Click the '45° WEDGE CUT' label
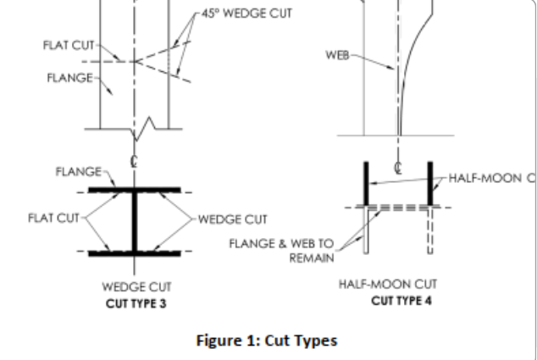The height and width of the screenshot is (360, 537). [x=247, y=14]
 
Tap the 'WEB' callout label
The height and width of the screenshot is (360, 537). [x=337, y=55]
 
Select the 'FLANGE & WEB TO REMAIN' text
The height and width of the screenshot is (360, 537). [x=281, y=251]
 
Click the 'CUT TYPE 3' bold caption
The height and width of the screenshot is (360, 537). [x=136, y=303]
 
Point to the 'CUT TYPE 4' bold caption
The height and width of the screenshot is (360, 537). [x=401, y=301]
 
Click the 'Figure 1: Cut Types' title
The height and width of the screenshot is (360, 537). [x=267, y=341]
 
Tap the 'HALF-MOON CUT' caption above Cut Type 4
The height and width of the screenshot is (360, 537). [x=388, y=284]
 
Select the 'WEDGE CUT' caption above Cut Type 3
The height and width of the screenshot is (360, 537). [x=136, y=286]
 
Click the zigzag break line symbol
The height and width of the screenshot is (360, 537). [x=143, y=129]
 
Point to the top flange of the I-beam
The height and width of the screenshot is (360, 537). [x=134, y=190]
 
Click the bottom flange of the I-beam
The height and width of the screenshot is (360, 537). [x=134, y=253]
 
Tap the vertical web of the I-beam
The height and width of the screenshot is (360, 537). [x=134, y=222]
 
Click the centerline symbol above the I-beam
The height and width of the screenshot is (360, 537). [x=134, y=161]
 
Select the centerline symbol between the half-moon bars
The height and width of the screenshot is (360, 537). [x=398, y=168]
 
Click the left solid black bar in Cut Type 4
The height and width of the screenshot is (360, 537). [x=366, y=184]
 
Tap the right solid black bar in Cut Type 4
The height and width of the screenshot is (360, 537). [x=430, y=184]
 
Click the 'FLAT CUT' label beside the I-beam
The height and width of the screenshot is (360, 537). [x=53, y=218]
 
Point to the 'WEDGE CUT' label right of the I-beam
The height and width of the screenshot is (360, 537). [x=233, y=219]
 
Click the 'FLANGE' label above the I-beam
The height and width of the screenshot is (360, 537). [x=79, y=171]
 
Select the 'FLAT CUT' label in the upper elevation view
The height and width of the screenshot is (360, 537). [x=69, y=45]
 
